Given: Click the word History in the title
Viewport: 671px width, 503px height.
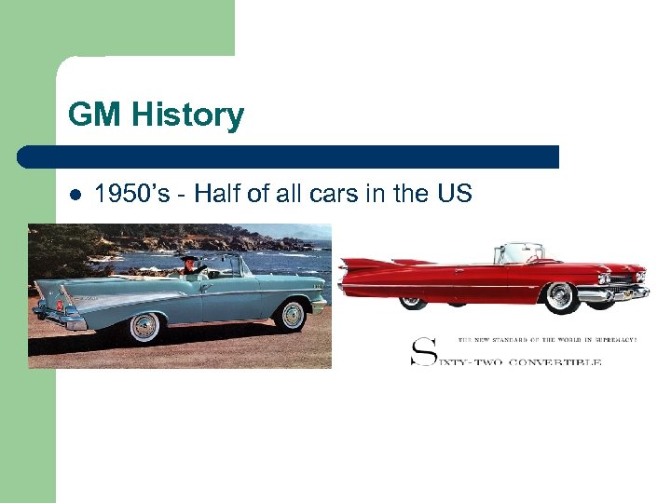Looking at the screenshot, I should [190, 116].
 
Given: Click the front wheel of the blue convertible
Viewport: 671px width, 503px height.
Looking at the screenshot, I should [293, 315].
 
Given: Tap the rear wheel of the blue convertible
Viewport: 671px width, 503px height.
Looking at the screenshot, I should [145, 327].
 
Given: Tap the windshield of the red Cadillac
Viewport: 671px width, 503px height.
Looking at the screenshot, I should [523, 252].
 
